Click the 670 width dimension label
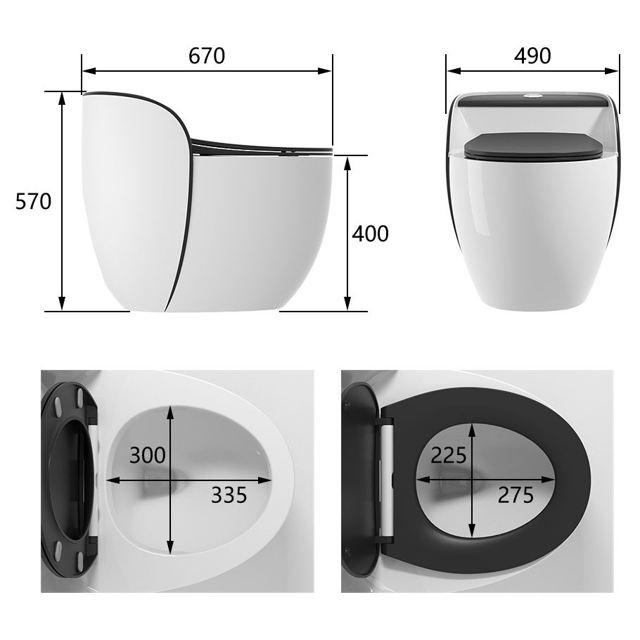click(207, 56)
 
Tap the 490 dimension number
click(532, 56)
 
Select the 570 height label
click(34, 202)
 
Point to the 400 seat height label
click(370, 233)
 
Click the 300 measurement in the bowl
click(148, 456)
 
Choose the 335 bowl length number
click(229, 495)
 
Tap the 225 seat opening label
click(449, 456)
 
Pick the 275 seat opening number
click(516, 495)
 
